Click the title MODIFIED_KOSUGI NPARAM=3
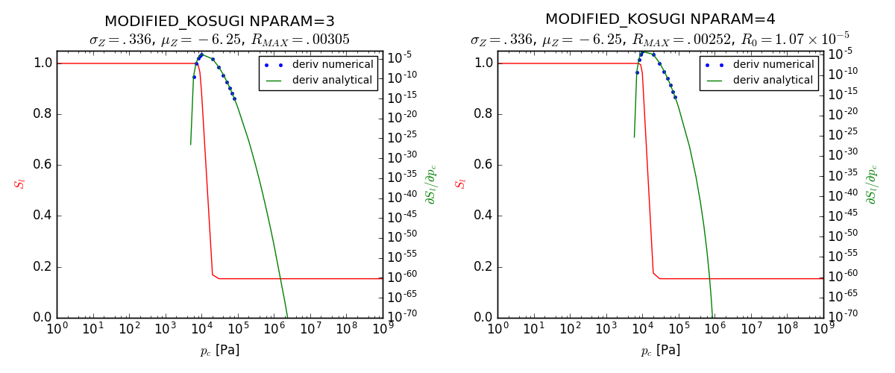point(219,21)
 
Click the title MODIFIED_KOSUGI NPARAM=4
point(660,19)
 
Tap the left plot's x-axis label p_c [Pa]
point(219,350)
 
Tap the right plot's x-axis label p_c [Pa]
point(660,350)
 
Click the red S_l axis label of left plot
point(20,183)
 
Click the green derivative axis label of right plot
point(871,184)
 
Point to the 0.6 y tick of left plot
point(43,165)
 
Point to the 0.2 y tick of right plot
point(483,267)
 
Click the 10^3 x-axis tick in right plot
point(606,328)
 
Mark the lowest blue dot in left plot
point(234,98)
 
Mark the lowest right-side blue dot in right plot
point(675,97)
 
